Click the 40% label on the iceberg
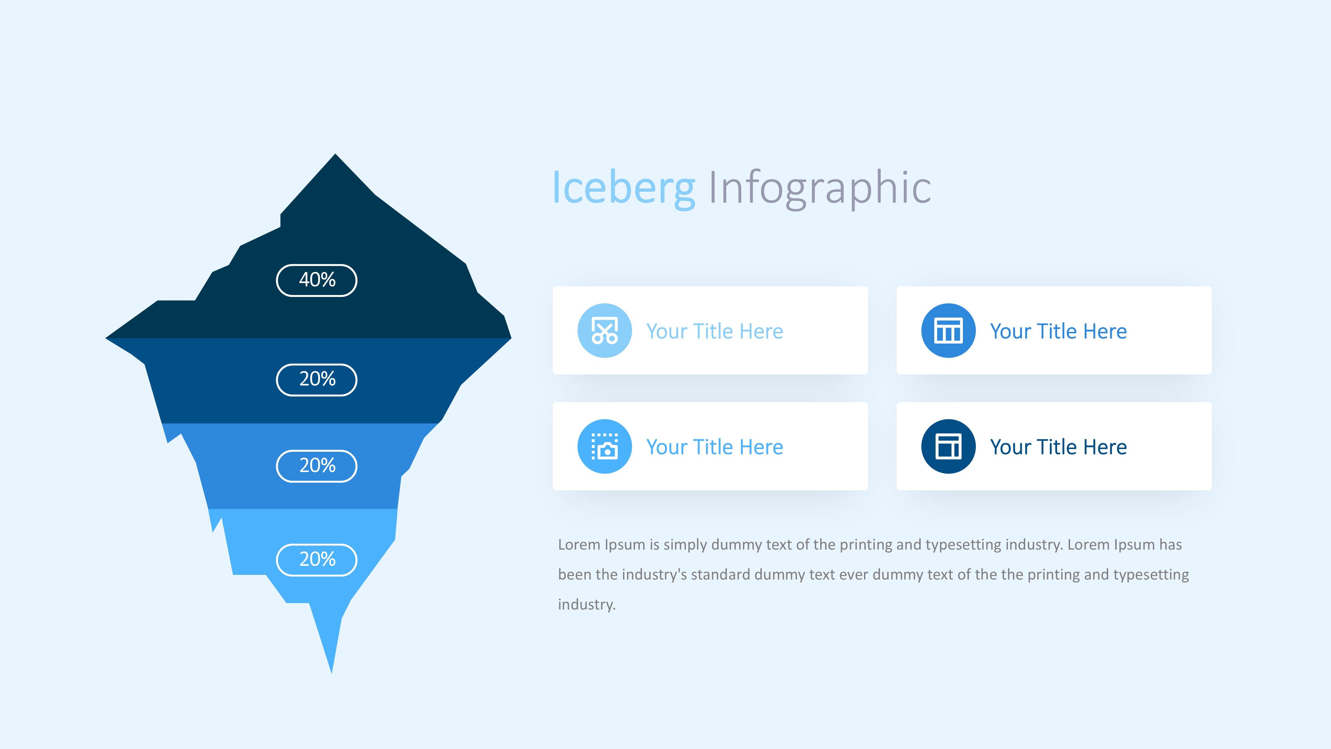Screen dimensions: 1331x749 click(x=317, y=280)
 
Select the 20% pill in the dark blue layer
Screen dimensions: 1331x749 click(x=317, y=379)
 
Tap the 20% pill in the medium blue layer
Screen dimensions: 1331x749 click(x=317, y=466)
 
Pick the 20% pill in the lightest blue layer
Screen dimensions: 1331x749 click(x=317, y=559)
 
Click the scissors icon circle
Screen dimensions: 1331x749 click(x=604, y=330)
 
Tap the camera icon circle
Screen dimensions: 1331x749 click(x=604, y=446)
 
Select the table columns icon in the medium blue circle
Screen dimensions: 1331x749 click(x=948, y=330)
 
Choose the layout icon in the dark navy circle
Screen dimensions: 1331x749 click(x=948, y=446)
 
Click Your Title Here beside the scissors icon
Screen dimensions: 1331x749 click(x=715, y=331)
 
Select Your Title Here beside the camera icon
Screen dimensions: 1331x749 click(x=715, y=447)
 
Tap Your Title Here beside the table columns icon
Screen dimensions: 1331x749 click(x=1058, y=331)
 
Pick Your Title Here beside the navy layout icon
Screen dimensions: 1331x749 click(x=1058, y=447)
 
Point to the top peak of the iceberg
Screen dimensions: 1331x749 click(x=335, y=154)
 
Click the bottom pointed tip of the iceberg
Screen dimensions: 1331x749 click(x=332, y=673)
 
